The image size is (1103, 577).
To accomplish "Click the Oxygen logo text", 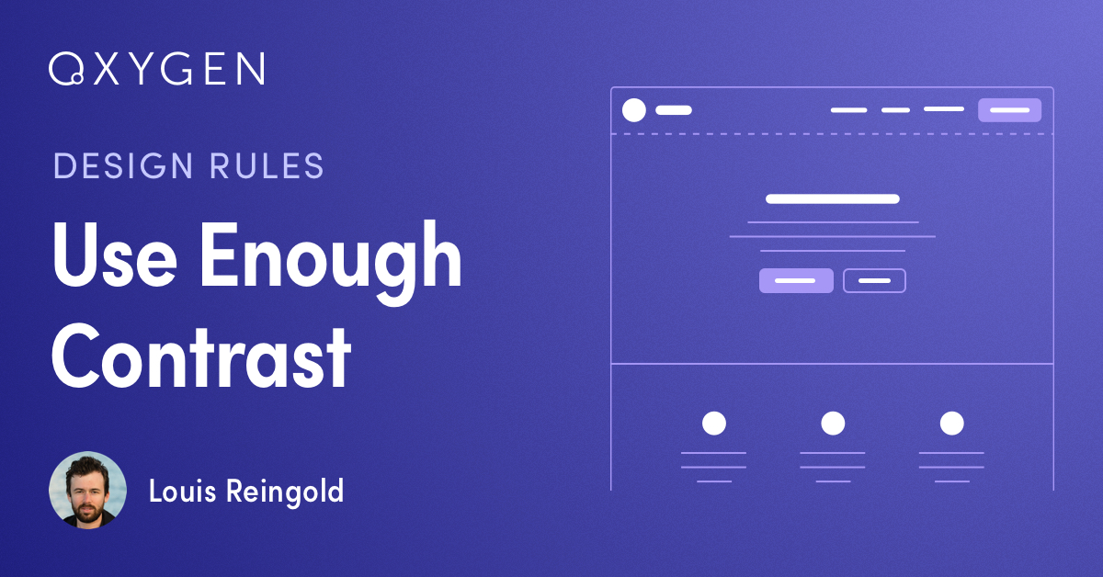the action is (x=157, y=68).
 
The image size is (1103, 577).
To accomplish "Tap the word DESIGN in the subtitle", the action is (x=123, y=165).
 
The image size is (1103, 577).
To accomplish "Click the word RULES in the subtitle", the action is (x=267, y=165).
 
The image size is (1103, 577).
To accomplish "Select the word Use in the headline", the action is (x=114, y=255).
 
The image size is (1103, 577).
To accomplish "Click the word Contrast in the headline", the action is (x=201, y=356).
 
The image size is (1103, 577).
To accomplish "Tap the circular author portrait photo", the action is (x=87, y=490).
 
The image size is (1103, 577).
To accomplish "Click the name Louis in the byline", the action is (x=182, y=491).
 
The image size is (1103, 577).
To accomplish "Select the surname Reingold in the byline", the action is (x=285, y=492).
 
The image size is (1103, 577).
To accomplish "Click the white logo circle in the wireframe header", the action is (x=633, y=109).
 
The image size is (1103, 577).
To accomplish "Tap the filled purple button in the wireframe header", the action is (x=1009, y=109).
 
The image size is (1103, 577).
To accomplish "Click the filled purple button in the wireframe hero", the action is (x=796, y=280).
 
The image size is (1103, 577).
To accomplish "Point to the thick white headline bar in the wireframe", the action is (x=833, y=198).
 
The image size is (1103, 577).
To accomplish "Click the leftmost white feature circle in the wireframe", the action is (x=714, y=424).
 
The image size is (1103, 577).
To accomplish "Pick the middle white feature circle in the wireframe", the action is (x=833, y=424).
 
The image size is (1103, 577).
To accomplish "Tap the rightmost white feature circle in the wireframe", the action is (x=952, y=424).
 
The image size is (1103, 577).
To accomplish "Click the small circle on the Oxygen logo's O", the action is (x=77, y=78).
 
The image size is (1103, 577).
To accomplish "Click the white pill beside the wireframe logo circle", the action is (x=674, y=110).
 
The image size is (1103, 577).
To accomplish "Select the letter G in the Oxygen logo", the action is (x=176, y=68).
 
